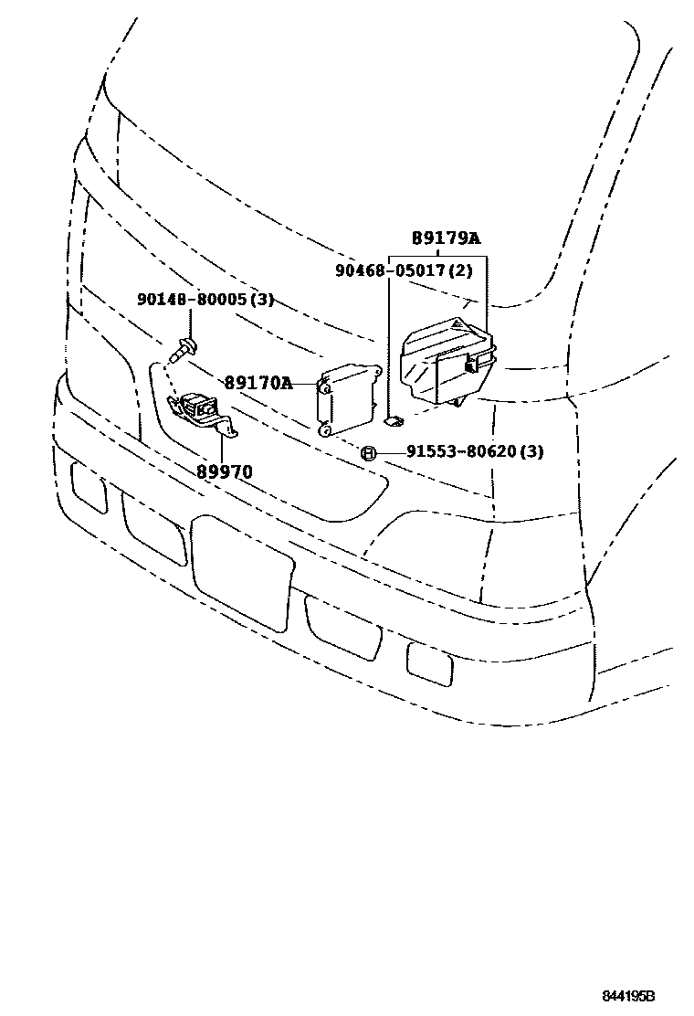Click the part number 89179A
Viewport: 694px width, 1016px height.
pyautogui.click(x=446, y=238)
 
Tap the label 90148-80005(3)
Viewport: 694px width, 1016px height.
pyautogui.click(x=205, y=300)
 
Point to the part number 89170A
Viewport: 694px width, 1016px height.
pyautogui.click(x=258, y=384)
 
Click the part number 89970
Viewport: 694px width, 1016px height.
pyautogui.click(x=224, y=471)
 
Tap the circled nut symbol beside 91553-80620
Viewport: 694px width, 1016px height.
pyautogui.click(x=367, y=452)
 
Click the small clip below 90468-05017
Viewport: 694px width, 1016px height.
pyautogui.click(x=393, y=420)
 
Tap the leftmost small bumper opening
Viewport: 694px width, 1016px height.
pyautogui.click(x=89, y=487)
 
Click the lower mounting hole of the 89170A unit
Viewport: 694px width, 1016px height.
pyautogui.click(x=324, y=427)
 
